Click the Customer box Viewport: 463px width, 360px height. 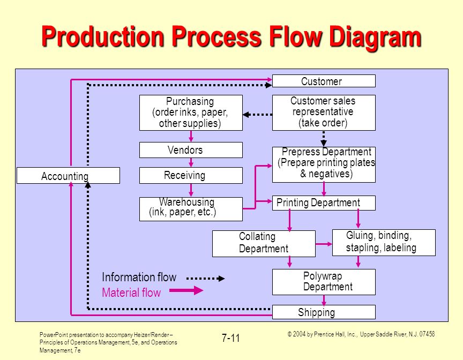324,81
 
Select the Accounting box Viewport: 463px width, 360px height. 68,176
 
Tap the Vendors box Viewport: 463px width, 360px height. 191,150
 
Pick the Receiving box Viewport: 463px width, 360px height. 191,175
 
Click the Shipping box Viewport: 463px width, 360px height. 324,312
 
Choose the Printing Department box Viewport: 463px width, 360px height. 324,202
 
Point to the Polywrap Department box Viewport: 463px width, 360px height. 324,282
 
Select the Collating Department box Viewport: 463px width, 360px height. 264,244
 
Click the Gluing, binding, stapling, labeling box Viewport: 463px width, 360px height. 384,243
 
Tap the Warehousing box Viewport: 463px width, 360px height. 191,209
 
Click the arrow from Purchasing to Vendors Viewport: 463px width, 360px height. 191,136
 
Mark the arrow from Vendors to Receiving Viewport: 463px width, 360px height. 191,163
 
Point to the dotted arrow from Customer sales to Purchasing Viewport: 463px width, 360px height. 257,115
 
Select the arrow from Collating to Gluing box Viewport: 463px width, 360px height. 324,244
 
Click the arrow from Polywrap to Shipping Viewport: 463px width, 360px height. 324,300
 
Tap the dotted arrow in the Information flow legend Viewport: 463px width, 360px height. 206,278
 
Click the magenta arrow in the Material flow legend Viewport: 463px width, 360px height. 186,290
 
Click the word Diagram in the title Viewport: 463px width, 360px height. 375,37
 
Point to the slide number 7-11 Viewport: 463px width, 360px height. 230,338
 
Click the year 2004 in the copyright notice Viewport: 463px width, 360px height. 299,334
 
